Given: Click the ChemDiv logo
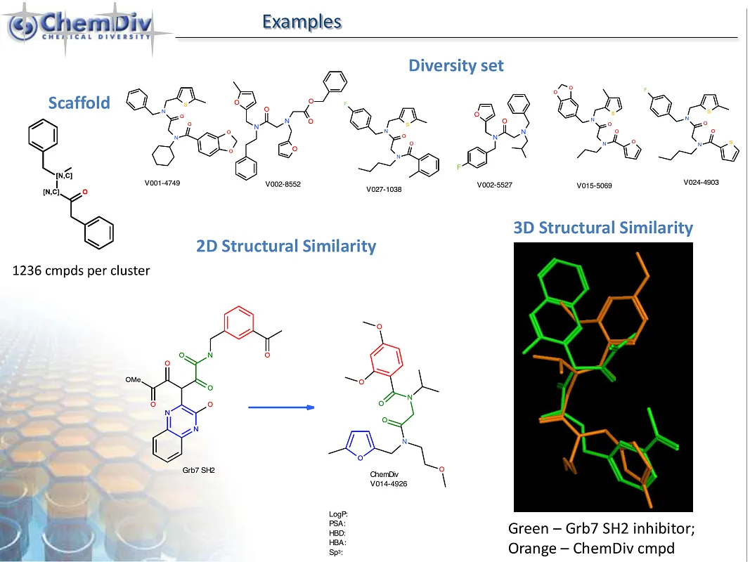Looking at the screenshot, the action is (x=82, y=27).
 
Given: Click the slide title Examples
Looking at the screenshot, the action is (x=302, y=22).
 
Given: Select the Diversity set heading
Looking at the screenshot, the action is (x=456, y=65).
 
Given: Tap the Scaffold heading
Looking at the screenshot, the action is (x=79, y=103).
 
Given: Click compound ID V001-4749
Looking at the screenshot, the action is (x=162, y=183).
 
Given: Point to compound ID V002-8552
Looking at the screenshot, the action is (x=283, y=185).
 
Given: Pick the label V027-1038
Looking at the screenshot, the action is (x=384, y=189).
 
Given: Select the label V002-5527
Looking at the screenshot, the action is (x=495, y=185).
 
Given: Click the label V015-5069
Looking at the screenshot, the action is (x=594, y=186).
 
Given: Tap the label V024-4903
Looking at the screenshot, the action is (x=701, y=182).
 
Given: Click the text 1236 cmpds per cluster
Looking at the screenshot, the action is (x=81, y=271).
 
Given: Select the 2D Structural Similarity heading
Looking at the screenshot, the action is (x=286, y=246).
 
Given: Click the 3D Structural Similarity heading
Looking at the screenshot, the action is (x=603, y=228).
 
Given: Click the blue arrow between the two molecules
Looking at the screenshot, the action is (x=281, y=407).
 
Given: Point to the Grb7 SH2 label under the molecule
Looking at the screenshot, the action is (x=198, y=470).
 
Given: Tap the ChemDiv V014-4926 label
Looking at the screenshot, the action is (x=389, y=479).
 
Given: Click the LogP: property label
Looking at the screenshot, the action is (x=338, y=515).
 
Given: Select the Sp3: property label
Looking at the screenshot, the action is (x=336, y=552).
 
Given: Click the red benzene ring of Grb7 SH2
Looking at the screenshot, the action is (x=239, y=322).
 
